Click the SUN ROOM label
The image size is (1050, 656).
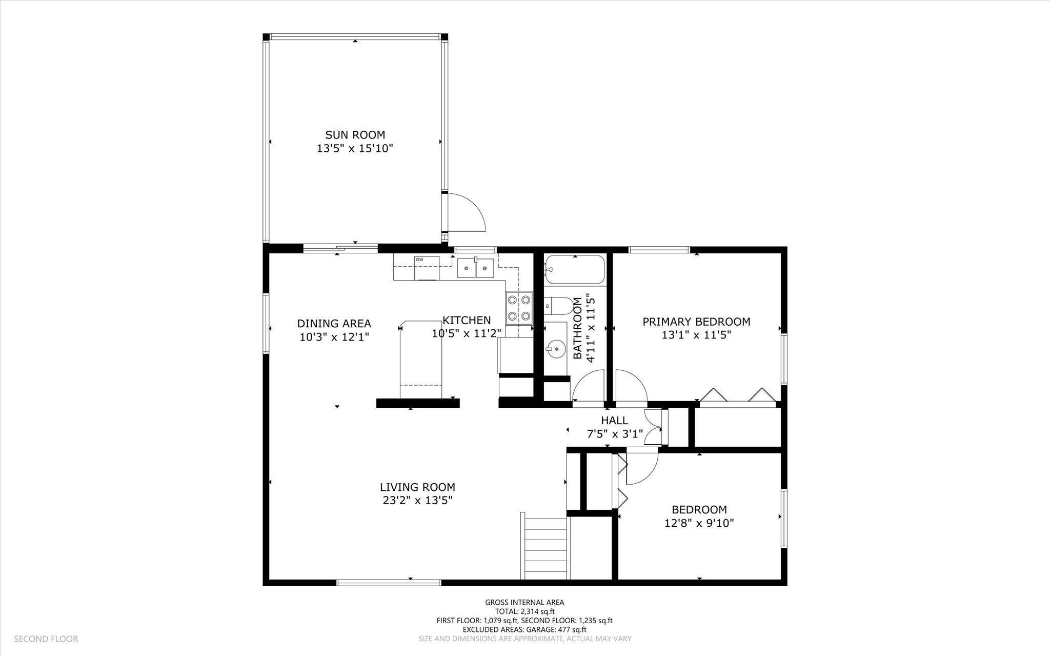(x=355, y=135)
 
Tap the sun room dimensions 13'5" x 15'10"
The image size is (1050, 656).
(x=355, y=149)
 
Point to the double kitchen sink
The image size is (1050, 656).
(x=475, y=268)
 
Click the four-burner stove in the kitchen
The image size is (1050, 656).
(x=518, y=308)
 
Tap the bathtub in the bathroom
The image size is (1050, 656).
(x=574, y=270)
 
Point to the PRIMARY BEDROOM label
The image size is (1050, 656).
(x=696, y=322)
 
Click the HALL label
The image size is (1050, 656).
(x=614, y=421)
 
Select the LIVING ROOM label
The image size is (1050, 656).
(x=417, y=487)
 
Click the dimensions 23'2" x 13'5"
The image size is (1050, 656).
(x=417, y=500)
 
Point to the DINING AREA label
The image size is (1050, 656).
(x=334, y=324)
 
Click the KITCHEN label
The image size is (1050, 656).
(x=467, y=320)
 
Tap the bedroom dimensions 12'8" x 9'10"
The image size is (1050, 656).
(x=699, y=523)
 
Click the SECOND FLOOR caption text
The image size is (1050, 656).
(x=46, y=639)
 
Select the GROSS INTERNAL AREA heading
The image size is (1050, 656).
(x=524, y=602)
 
